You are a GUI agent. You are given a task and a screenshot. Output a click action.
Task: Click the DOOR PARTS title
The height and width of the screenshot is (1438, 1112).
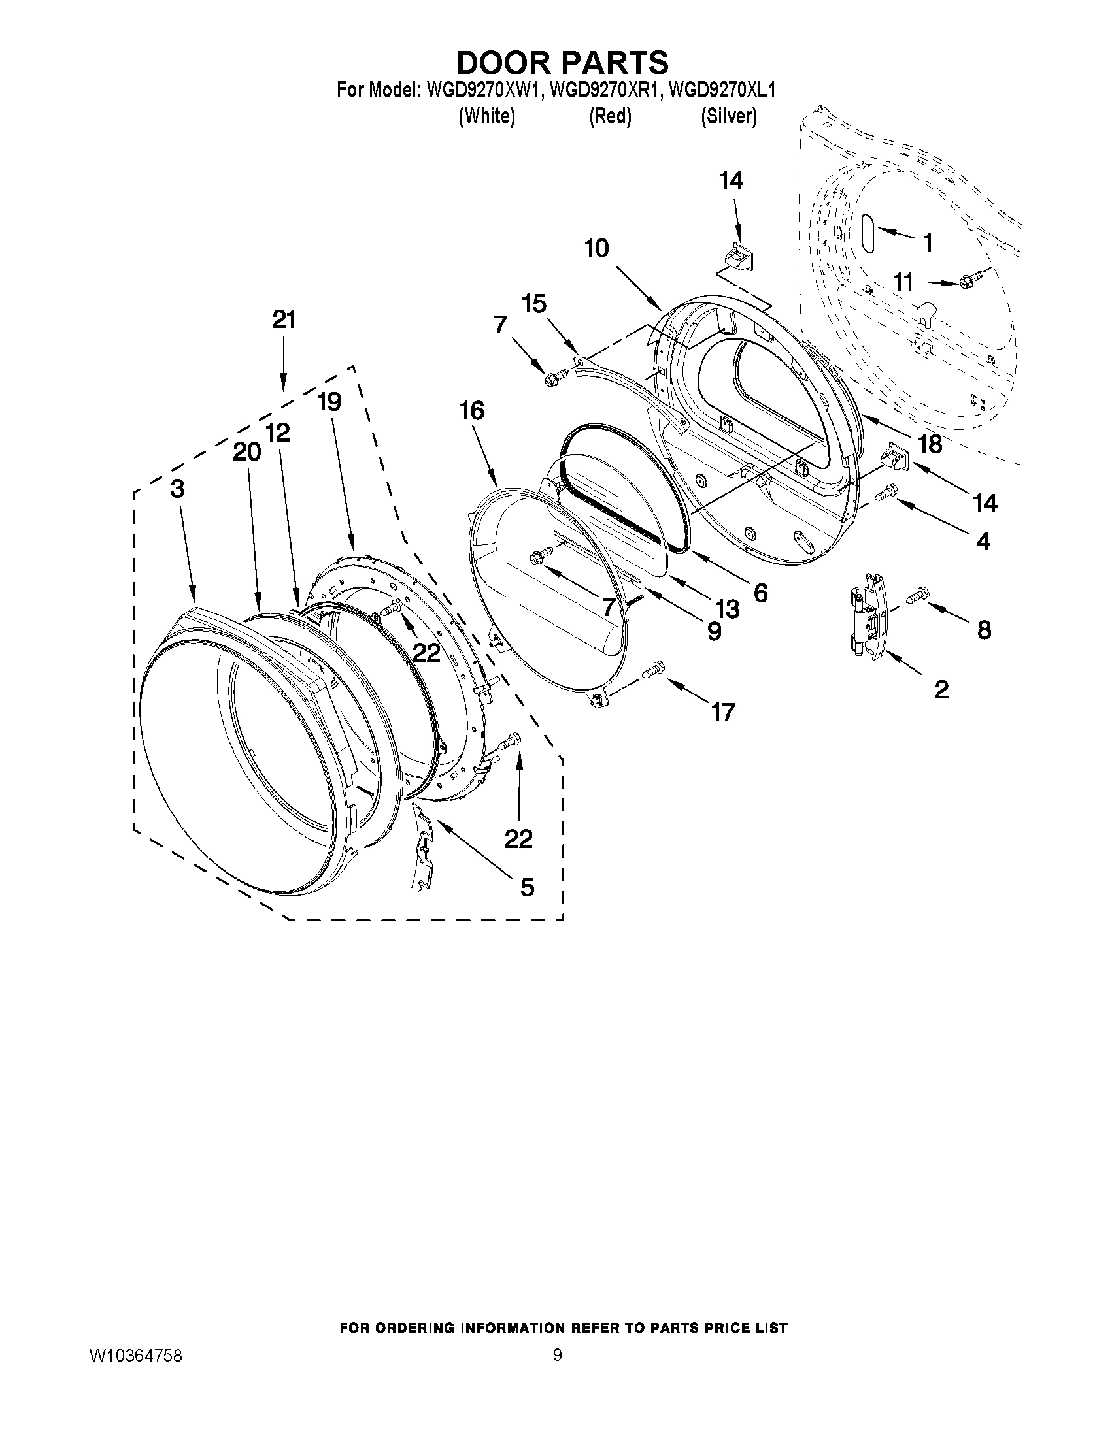pos(562,63)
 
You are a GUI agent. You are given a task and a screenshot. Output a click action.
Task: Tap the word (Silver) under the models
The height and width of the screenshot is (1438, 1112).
pos(728,116)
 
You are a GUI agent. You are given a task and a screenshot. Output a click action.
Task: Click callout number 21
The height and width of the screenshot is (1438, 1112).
pos(284,320)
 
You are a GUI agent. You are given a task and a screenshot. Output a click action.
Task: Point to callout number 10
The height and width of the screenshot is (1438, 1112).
pos(597,249)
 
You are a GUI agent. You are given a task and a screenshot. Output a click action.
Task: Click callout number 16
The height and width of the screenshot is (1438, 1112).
pos(473,411)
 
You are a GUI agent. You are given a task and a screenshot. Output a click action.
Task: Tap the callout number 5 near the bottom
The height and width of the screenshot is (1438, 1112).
pos(527,887)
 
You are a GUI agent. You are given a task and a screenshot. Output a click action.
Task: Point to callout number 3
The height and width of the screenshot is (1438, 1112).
pos(177,489)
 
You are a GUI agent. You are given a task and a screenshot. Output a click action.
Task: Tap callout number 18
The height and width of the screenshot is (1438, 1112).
pos(930,444)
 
